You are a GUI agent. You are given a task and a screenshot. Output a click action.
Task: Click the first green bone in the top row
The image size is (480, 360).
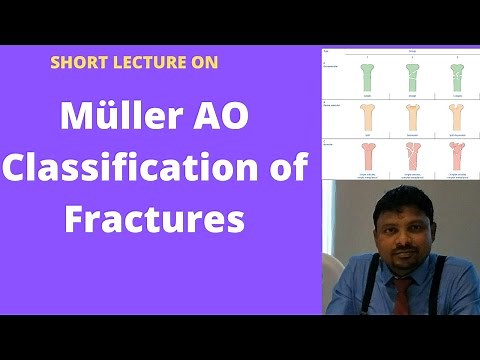[365, 78]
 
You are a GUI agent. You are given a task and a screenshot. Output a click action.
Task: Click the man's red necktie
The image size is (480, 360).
[403, 296]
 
